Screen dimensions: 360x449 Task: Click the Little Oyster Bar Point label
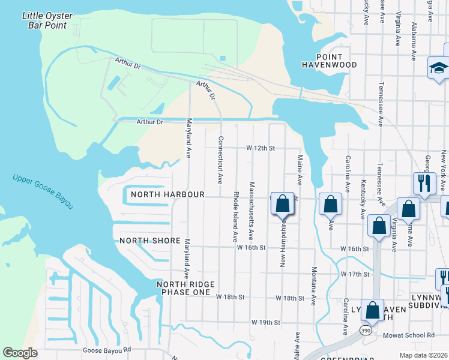[47, 20]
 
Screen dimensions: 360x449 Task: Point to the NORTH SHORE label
[149, 241]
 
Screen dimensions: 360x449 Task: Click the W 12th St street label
[261, 148]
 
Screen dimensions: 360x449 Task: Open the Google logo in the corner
[20, 353]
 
